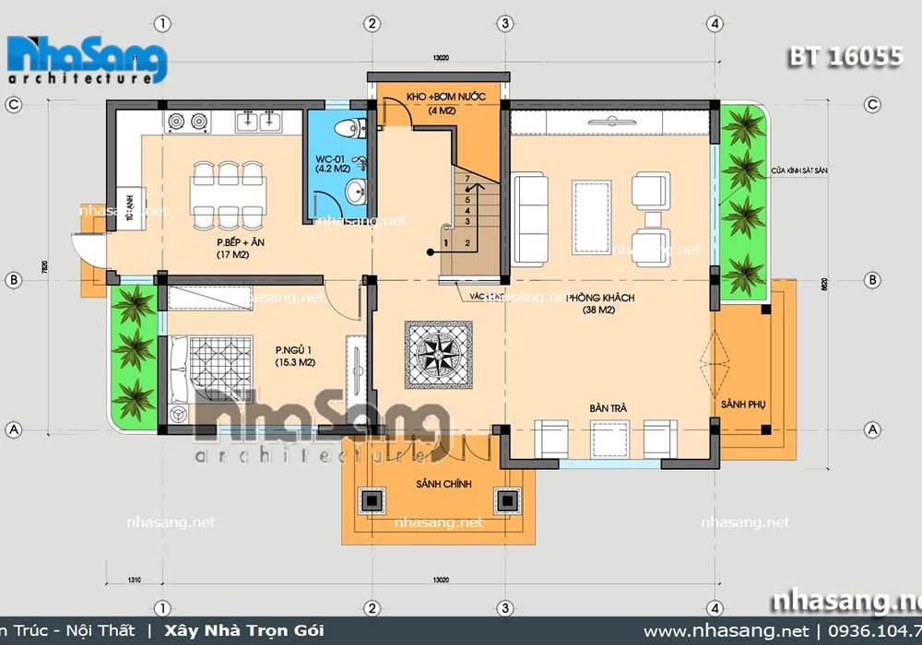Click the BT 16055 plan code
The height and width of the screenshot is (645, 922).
click(844, 57)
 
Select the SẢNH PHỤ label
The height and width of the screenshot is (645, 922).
click(739, 405)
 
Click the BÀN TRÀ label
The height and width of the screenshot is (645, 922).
click(604, 406)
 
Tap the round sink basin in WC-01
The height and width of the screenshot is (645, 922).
click(355, 193)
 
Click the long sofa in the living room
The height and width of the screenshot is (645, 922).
click(529, 217)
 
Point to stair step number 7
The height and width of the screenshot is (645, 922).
click(467, 177)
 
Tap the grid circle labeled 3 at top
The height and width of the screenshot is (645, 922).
click(505, 23)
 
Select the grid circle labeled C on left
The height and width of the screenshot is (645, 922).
click(14, 105)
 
